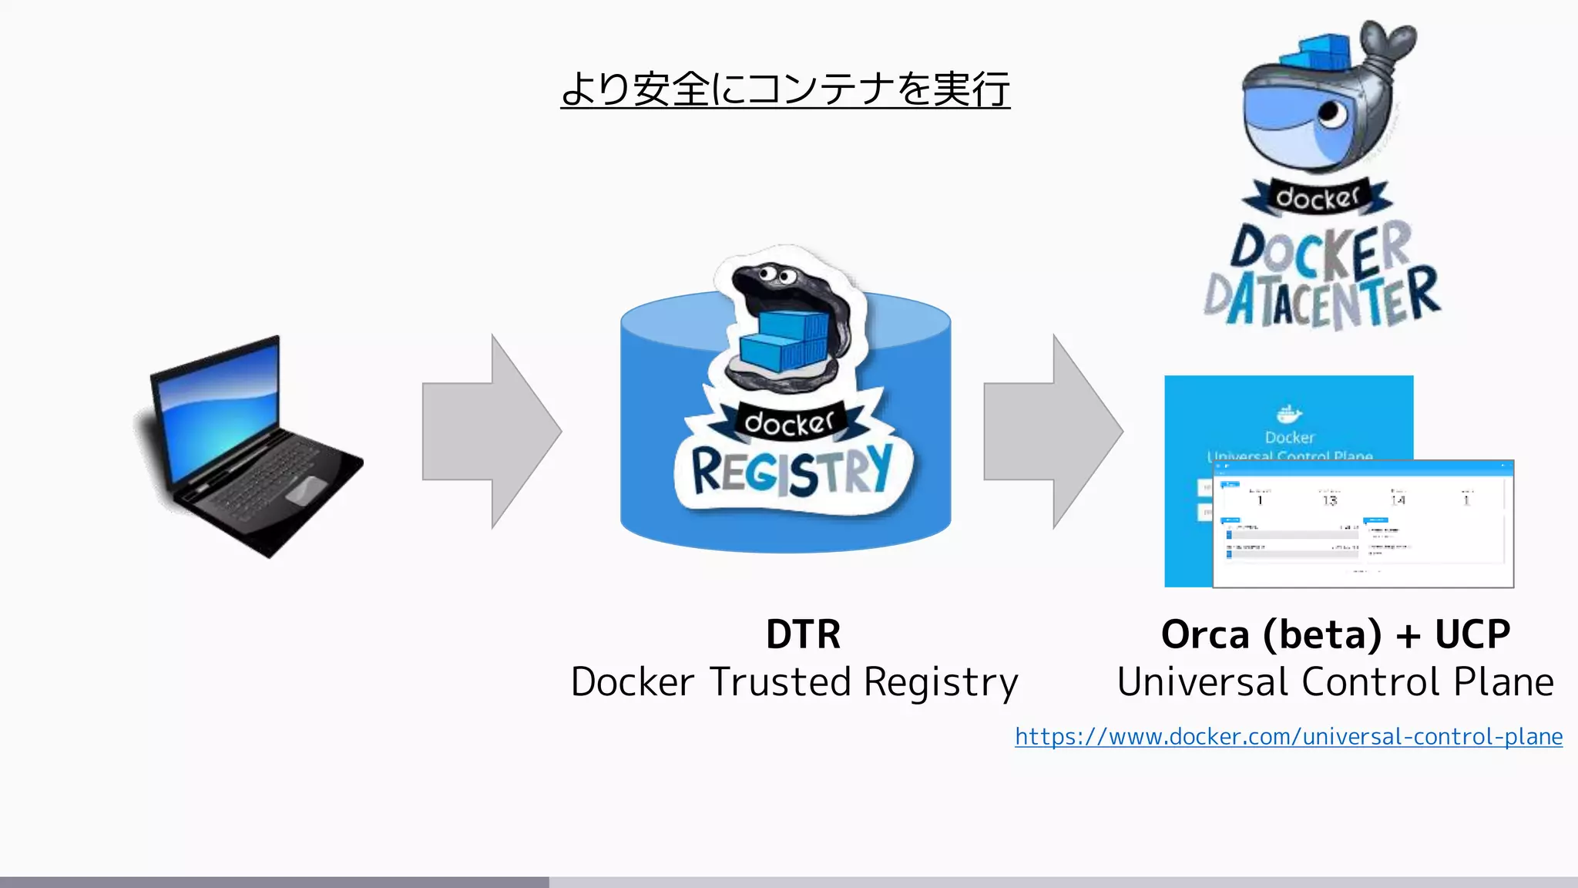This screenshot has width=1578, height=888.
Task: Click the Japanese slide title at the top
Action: pyautogui.click(x=784, y=89)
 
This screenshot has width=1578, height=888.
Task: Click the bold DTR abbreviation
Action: pyautogui.click(x=803, y=634)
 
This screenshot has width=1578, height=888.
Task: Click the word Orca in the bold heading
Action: pyautogui.click(x=1204, y=635)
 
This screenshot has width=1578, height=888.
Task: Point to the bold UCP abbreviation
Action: pyautogui.click(x=1472, y=635)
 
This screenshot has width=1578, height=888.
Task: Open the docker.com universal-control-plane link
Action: pyautogui.click(x=1288, y=737)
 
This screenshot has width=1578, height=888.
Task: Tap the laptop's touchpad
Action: pyautogui.click(x=306, y=490)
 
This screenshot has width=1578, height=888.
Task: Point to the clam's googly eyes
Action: pyautogui.click(x=776, y=275)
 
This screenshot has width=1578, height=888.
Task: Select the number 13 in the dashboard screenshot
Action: pyautogui.click(x=1330, y=501)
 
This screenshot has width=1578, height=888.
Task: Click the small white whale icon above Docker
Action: pyautogui.click(x=1289, y=415)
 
